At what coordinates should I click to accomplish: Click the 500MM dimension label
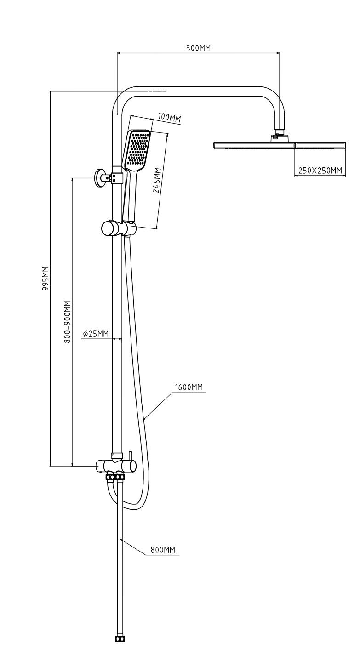(199, 48)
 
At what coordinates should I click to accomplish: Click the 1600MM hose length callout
(189, 387)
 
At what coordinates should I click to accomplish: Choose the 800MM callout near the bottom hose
(163, 550)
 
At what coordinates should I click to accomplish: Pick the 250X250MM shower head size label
(320, 171)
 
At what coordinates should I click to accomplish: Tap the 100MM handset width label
(169, 118)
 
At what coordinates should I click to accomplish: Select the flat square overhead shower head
(279, 146)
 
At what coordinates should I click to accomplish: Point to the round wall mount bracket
(99, 177)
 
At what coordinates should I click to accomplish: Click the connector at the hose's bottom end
(120, 638)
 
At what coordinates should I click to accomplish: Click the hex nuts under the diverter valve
(115, 478)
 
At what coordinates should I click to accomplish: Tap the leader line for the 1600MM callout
(159, 405)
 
